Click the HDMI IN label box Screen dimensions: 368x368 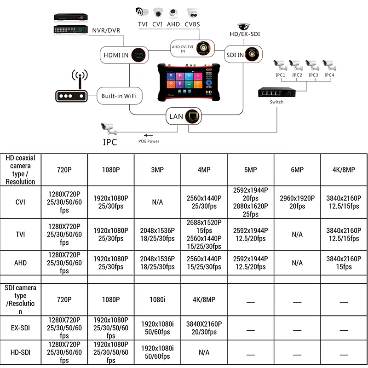(122, 56)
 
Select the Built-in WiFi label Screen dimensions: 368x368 (119, 96)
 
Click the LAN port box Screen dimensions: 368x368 (184, 117)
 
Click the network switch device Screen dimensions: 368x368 (276, 92)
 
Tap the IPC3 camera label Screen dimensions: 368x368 (313, 75)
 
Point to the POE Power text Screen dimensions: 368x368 (149, 141)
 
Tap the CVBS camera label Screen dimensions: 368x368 (193, 24)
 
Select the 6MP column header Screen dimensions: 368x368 (297, 170)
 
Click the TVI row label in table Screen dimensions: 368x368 (20, 234)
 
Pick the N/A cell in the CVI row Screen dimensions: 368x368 (157, 202)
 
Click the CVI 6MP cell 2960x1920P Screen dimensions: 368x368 (297, 202)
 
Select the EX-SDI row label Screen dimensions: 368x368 (20, 328)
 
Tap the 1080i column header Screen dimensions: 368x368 (157, 299)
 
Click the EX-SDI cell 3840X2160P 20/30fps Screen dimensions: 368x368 (204, 328)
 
